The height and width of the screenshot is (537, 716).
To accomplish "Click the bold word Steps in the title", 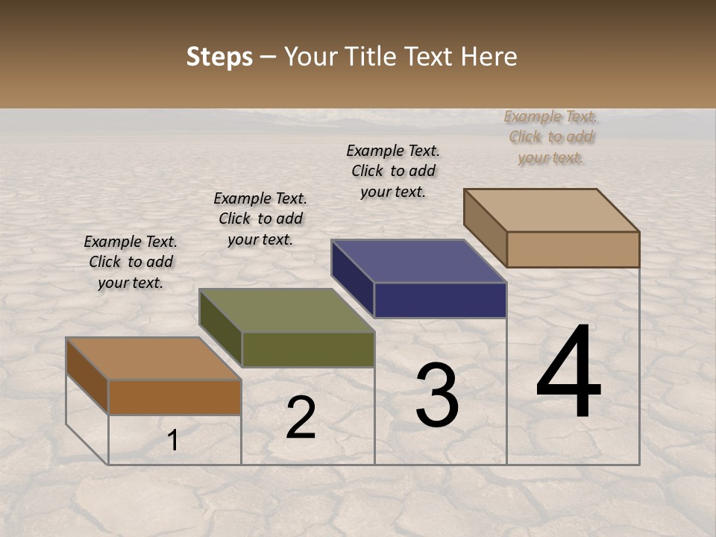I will point(219,57).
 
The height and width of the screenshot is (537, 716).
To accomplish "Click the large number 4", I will point(568,373).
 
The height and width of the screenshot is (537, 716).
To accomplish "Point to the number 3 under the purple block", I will point(437,395).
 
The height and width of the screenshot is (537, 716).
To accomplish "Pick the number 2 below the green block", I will point(301,418).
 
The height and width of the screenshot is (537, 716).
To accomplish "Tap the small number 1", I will point(173,440).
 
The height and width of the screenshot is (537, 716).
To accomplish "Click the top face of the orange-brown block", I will point(153,359).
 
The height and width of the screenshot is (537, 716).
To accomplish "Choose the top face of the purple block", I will point(418,261).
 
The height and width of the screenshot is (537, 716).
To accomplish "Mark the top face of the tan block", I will point(551,210).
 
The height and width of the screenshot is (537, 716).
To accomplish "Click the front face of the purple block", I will point(440,301).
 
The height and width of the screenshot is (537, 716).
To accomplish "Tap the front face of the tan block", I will point(573,249).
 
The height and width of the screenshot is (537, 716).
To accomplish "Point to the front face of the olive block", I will point(308,349).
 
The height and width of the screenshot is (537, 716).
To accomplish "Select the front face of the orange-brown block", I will point(175,397).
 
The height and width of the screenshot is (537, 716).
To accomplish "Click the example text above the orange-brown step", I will point(131,262).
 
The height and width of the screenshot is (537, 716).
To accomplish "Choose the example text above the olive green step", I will point(260,219).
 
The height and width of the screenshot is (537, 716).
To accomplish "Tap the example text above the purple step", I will point(393,171).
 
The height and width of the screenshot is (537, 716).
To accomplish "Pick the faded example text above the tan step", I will point(550,136).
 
